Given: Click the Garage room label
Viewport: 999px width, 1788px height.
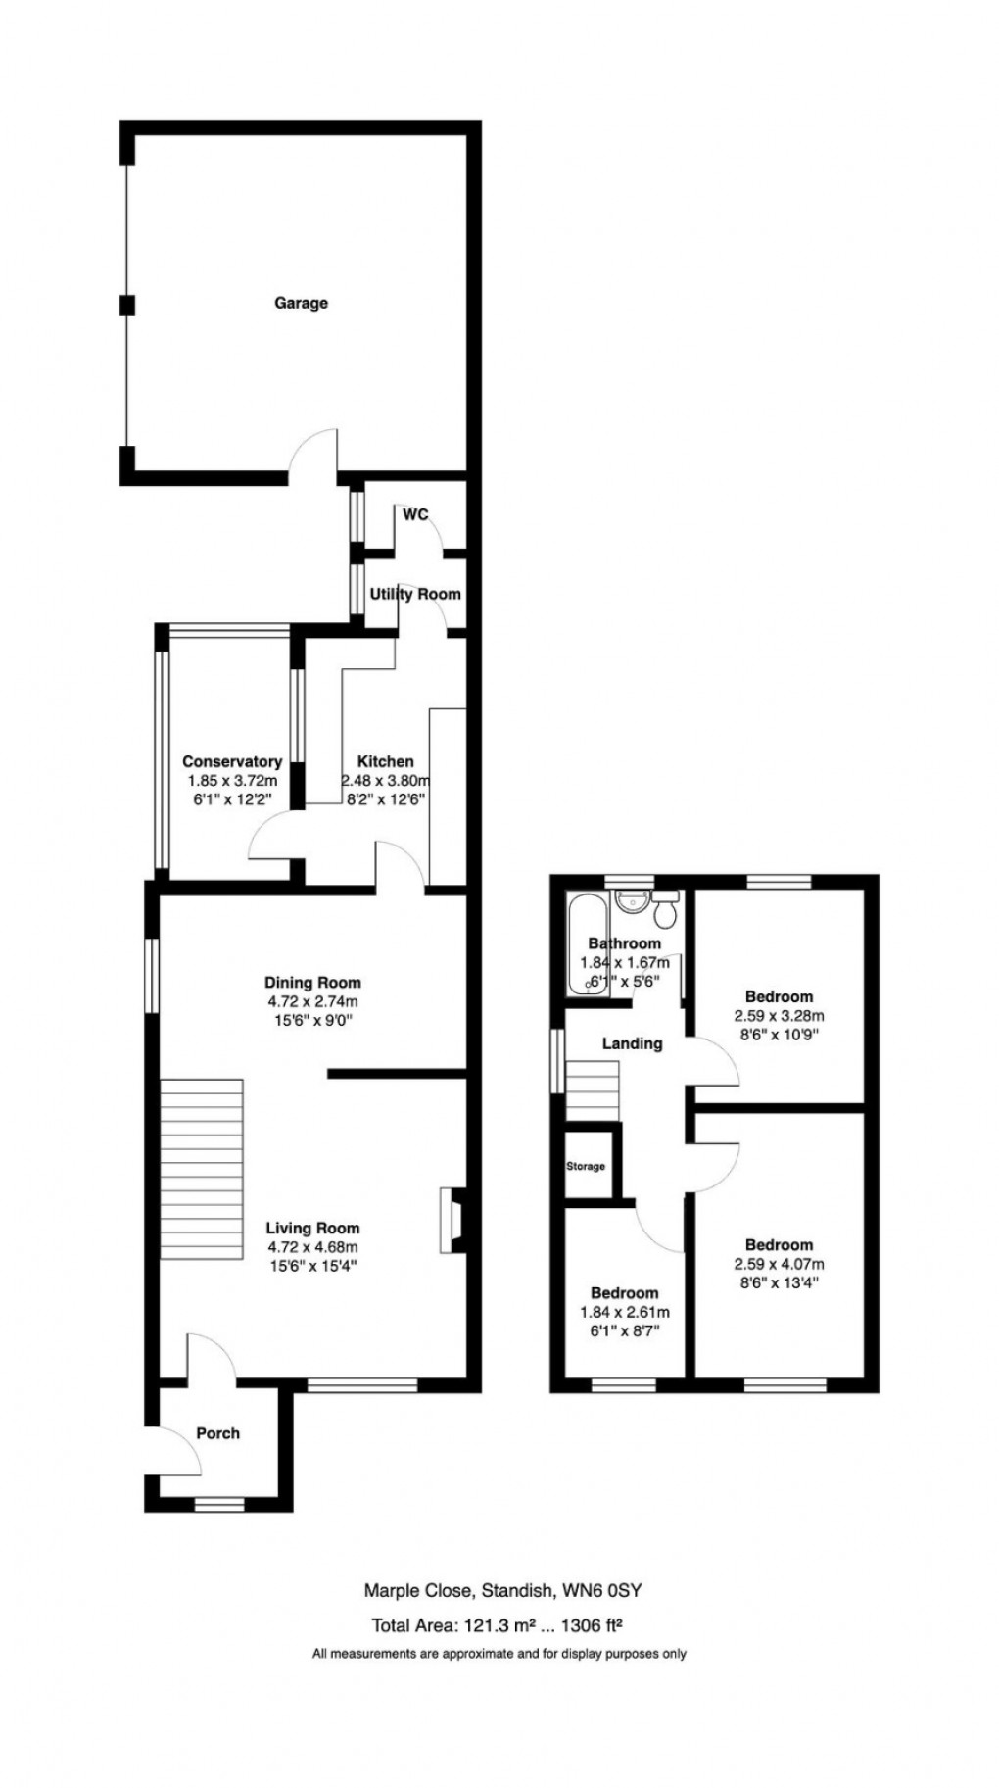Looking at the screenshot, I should (x=301, y=304).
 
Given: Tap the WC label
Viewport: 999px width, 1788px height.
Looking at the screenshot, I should (x=415, y=515).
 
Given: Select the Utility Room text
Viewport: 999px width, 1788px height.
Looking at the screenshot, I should (x=415, y=595).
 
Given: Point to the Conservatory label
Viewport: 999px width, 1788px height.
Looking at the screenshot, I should (x=232, y=762).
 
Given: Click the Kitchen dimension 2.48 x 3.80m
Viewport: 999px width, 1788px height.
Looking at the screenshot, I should (x=386, y=782).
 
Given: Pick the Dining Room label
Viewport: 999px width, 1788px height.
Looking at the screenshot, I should (x=312, y=983).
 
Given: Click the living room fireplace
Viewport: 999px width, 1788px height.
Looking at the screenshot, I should (x=452, y=1221).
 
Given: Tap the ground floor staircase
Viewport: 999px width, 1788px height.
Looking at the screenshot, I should (x=201, y=1170).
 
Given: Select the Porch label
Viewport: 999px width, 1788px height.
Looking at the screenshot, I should (x=217, y=1433).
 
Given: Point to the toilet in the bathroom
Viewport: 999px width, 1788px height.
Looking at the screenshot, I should (x=666, y=911).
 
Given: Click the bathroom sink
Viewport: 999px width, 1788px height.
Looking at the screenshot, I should (x=628, y=900).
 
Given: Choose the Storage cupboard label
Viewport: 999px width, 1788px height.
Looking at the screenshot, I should (x=586, y=1167).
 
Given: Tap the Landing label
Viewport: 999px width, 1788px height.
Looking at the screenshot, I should (x=632, y=1044).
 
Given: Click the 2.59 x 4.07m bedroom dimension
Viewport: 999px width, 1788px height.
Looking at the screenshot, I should (x=779, y=1265).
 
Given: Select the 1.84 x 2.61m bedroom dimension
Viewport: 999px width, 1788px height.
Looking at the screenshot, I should (x=624, y=1313).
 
